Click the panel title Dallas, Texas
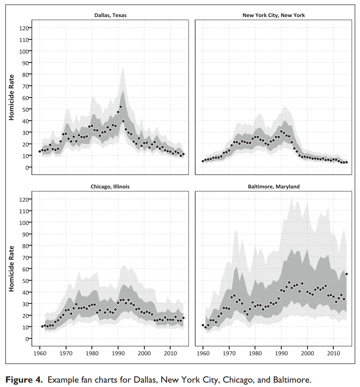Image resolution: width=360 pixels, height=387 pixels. click(x=111, y=15)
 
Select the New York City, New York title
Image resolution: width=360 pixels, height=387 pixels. click(x=273, y=15)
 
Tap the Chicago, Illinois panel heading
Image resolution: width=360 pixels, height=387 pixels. click(x=111, y=186)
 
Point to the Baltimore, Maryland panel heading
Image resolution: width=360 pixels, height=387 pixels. click(x=273, y=186)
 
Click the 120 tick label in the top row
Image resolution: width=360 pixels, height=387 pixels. click(x=24, y=28)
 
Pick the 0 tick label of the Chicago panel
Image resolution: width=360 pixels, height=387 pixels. click(x=27, y=338)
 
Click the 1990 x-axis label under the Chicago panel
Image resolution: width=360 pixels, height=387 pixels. click(x=118, y=353)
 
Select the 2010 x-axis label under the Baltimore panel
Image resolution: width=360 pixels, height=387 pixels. click(x=334, y=353)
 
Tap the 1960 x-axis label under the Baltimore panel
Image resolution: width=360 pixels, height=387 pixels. click(x=203, y=353)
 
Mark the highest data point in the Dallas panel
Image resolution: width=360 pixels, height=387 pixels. click(x=121, y=107)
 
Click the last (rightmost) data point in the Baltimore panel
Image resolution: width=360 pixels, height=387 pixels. click(x=347, y=274)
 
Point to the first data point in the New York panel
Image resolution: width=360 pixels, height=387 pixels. click(x=203, y=161)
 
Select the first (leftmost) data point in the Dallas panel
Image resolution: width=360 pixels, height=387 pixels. click(x=40, y=151)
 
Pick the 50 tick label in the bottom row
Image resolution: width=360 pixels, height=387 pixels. click(x=25, y=280)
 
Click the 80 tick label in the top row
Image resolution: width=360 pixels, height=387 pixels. click(x=25, y=74)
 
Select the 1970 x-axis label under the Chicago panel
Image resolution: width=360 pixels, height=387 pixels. click(x=66, y=353)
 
